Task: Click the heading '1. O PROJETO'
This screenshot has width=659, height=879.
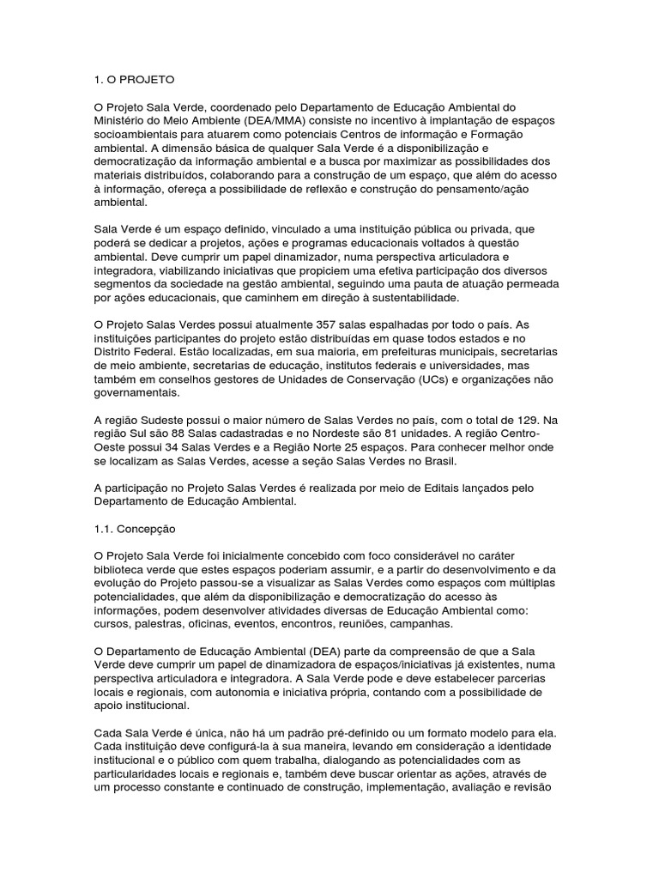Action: click(x=133, y=80)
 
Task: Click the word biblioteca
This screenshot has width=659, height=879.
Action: click(x=121, y=571)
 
